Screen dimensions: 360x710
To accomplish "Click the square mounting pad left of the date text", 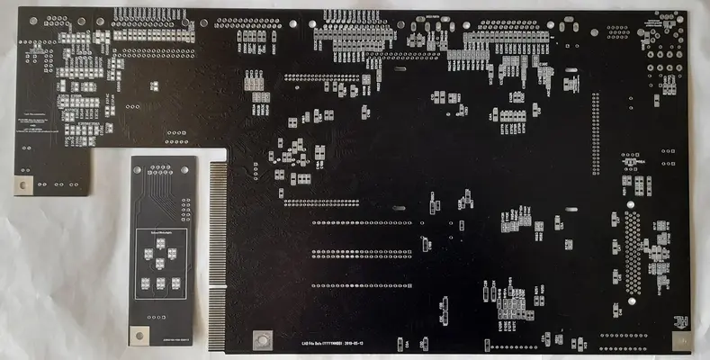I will tap(264, 339).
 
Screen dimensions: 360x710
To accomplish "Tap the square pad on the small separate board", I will tap(139, 335).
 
